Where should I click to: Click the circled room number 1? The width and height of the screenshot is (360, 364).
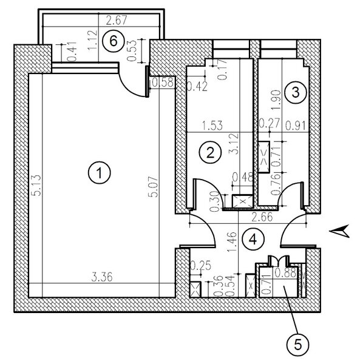100,173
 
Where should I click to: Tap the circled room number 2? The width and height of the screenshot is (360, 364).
211,153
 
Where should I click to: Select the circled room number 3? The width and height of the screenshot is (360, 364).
296,92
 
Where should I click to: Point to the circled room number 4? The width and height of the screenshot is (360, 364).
253,239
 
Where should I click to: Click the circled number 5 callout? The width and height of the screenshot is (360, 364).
297,345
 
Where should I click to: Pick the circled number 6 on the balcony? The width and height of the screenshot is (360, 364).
114,41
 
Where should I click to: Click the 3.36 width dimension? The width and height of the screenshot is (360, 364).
102,277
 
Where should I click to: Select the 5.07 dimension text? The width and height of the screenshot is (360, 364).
153,187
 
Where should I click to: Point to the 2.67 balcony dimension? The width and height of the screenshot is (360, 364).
117,21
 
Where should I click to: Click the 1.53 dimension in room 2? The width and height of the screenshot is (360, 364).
212,126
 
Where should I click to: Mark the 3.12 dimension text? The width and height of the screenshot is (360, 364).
234,144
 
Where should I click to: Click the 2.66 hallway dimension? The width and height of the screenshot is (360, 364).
262,217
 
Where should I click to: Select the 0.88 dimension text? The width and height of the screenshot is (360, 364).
285,273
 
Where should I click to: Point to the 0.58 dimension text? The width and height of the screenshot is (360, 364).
163,83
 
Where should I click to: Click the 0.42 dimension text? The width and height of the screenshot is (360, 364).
197,87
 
